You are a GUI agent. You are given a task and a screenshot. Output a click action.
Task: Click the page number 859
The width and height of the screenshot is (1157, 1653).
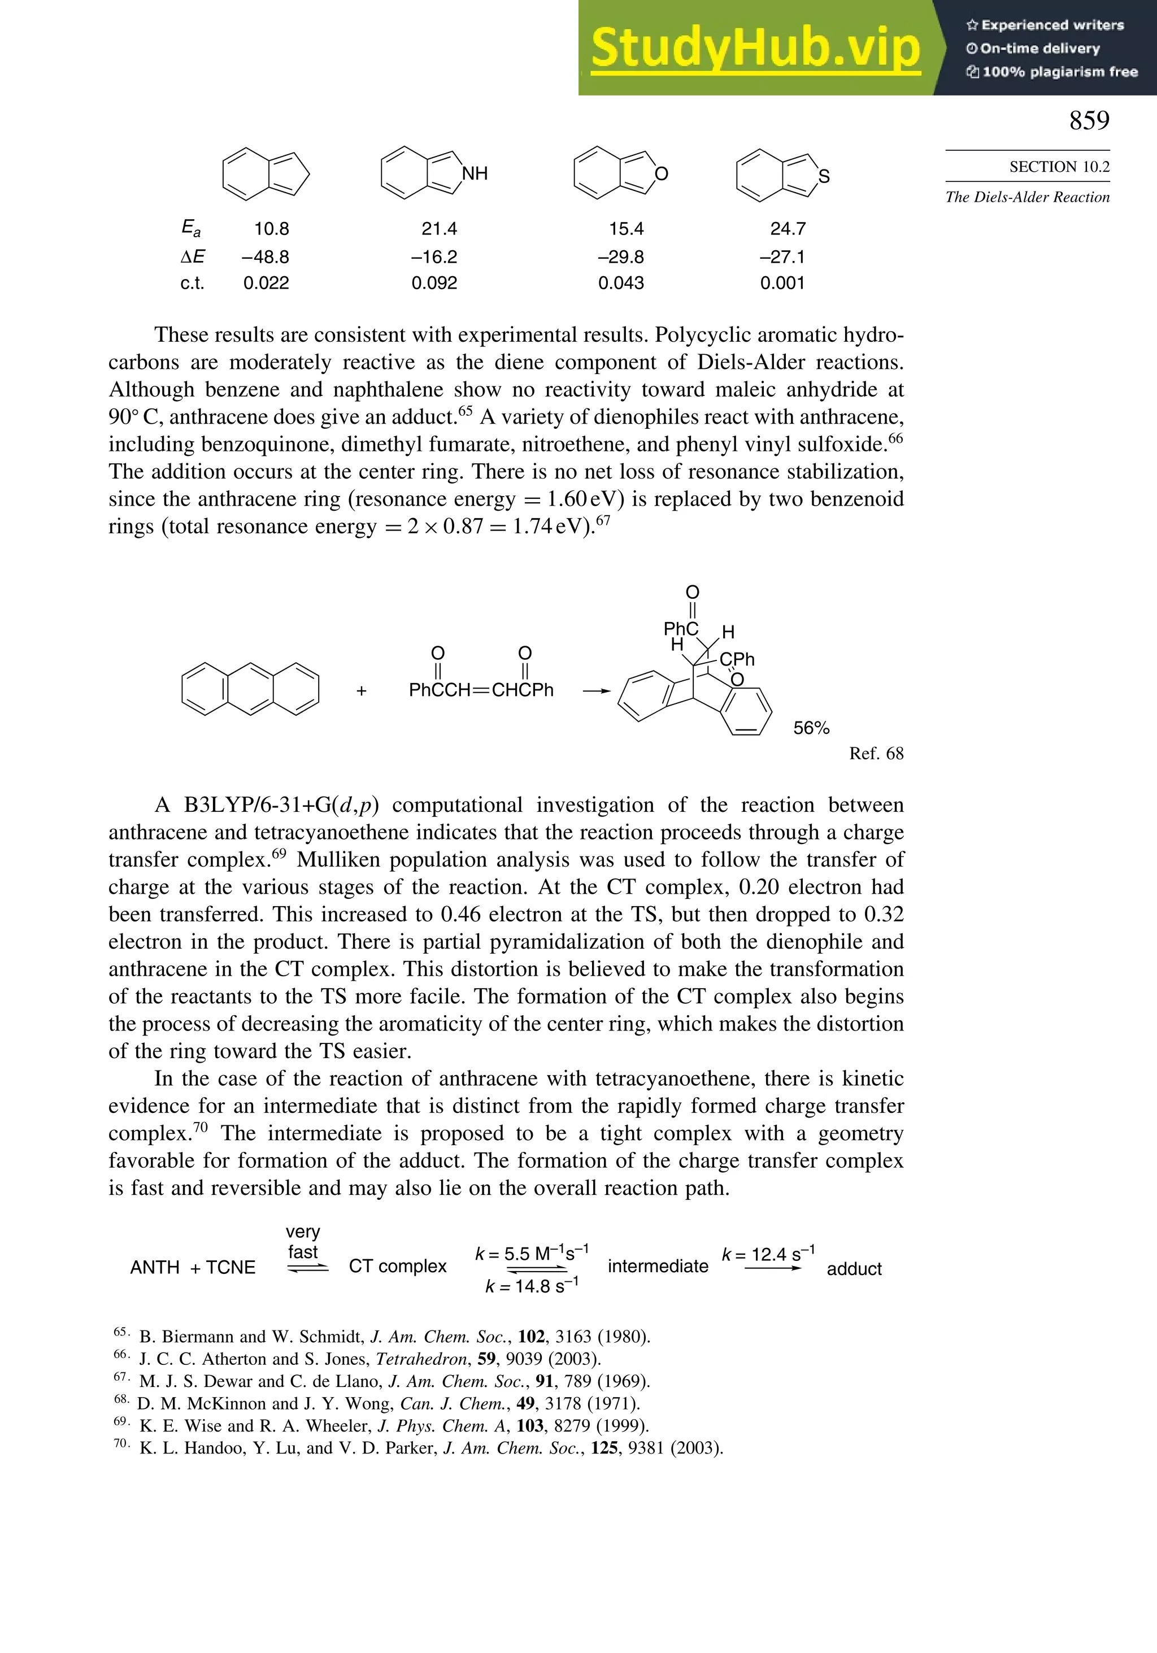(x=1089, y=120)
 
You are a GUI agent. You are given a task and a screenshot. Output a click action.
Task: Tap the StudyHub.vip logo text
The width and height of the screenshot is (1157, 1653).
(x=755, y=48)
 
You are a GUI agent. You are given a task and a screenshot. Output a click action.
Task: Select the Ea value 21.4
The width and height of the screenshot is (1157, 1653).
(x=439, y=229)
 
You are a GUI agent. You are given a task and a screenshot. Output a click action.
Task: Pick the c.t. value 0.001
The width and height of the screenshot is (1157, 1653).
(x=782, y=283)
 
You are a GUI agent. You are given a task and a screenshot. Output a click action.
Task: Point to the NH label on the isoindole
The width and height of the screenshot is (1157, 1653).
(x=475, y=173)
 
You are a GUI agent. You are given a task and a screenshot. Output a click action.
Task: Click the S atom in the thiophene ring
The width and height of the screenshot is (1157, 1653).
(x=824, y=176)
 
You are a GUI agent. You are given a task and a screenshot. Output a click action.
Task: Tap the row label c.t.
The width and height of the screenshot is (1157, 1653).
(x=192, y=283)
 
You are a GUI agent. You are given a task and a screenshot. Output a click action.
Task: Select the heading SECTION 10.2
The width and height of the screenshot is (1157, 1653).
(x=1059, y=167)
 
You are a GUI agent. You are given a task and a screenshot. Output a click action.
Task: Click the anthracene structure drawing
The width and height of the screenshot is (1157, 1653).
(x=250, y=689)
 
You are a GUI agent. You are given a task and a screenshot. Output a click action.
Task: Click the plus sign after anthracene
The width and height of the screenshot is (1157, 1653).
(x=362, y=691)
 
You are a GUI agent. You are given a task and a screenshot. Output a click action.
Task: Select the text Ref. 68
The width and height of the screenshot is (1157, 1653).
(x=876, y=753)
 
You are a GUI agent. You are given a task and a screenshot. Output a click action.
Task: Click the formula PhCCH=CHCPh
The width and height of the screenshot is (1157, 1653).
(x=481, y=690)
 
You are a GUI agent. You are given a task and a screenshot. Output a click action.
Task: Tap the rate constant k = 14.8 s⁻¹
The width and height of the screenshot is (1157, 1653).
(x=532, y=1286)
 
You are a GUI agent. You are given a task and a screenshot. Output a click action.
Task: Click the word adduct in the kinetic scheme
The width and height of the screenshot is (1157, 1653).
(x=854, y=1268)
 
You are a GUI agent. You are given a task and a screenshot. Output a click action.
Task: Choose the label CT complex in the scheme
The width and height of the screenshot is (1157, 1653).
(x=397, y=1267)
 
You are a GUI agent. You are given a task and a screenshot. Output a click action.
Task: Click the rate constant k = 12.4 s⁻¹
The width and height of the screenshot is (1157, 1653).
(x=768, y=1254)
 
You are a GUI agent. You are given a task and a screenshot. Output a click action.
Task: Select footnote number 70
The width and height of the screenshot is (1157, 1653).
(x=121, y=1443)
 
